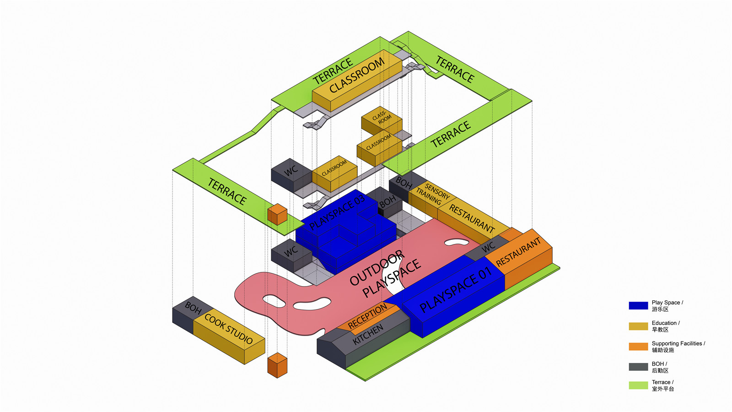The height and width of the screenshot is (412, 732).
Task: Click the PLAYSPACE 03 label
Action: point(337,212)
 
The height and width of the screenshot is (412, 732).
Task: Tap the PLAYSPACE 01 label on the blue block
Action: point(455,289)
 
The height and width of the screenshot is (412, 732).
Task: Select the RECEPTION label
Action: point(367,316)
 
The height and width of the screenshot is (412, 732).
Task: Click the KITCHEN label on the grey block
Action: point(368,335)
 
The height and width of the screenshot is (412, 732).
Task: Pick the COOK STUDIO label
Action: point(228,329)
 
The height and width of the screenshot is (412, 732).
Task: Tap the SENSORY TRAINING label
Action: point(433,194)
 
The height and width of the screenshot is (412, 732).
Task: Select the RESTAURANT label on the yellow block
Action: point(472,218)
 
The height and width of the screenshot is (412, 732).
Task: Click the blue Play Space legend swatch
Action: point(638,306)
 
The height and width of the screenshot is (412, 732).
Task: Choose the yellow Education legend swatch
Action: point(638,326)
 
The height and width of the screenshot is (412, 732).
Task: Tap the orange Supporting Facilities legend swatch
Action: point(638,347)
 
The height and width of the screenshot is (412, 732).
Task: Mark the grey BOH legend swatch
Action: point(638,367)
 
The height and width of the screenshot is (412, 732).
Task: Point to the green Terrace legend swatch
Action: point(638,385)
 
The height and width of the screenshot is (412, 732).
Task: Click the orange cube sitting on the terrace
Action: point(277,214)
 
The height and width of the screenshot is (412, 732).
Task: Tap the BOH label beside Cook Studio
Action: point(193,308)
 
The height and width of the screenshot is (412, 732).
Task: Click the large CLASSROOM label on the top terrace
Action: point(357,76)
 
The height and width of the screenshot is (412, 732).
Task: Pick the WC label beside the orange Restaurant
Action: point(488,247)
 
